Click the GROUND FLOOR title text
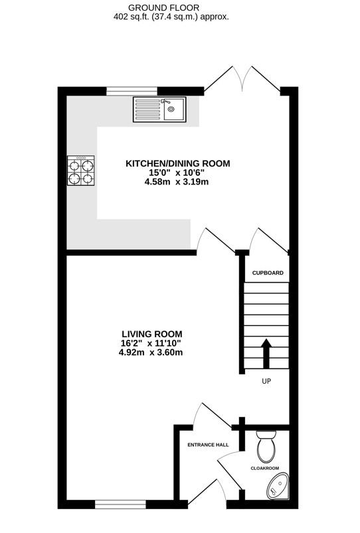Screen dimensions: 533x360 (x=171, y=7)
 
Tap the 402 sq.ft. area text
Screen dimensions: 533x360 (x=171, y=17)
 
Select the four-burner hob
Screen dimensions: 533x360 (x=80, y=170)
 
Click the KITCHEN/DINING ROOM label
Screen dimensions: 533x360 (x=178, y=163)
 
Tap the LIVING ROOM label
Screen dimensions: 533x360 (x=151, y=334)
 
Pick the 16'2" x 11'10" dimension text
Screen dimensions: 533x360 (x=151, y=343)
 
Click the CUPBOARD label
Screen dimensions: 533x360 (x=268, y=273)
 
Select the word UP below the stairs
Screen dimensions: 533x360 (x=266, y=382)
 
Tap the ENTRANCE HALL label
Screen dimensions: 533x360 (x=208, y=445)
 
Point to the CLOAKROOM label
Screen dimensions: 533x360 (x=265, y=468)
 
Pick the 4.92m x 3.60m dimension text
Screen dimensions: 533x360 (x=151, y=352)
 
